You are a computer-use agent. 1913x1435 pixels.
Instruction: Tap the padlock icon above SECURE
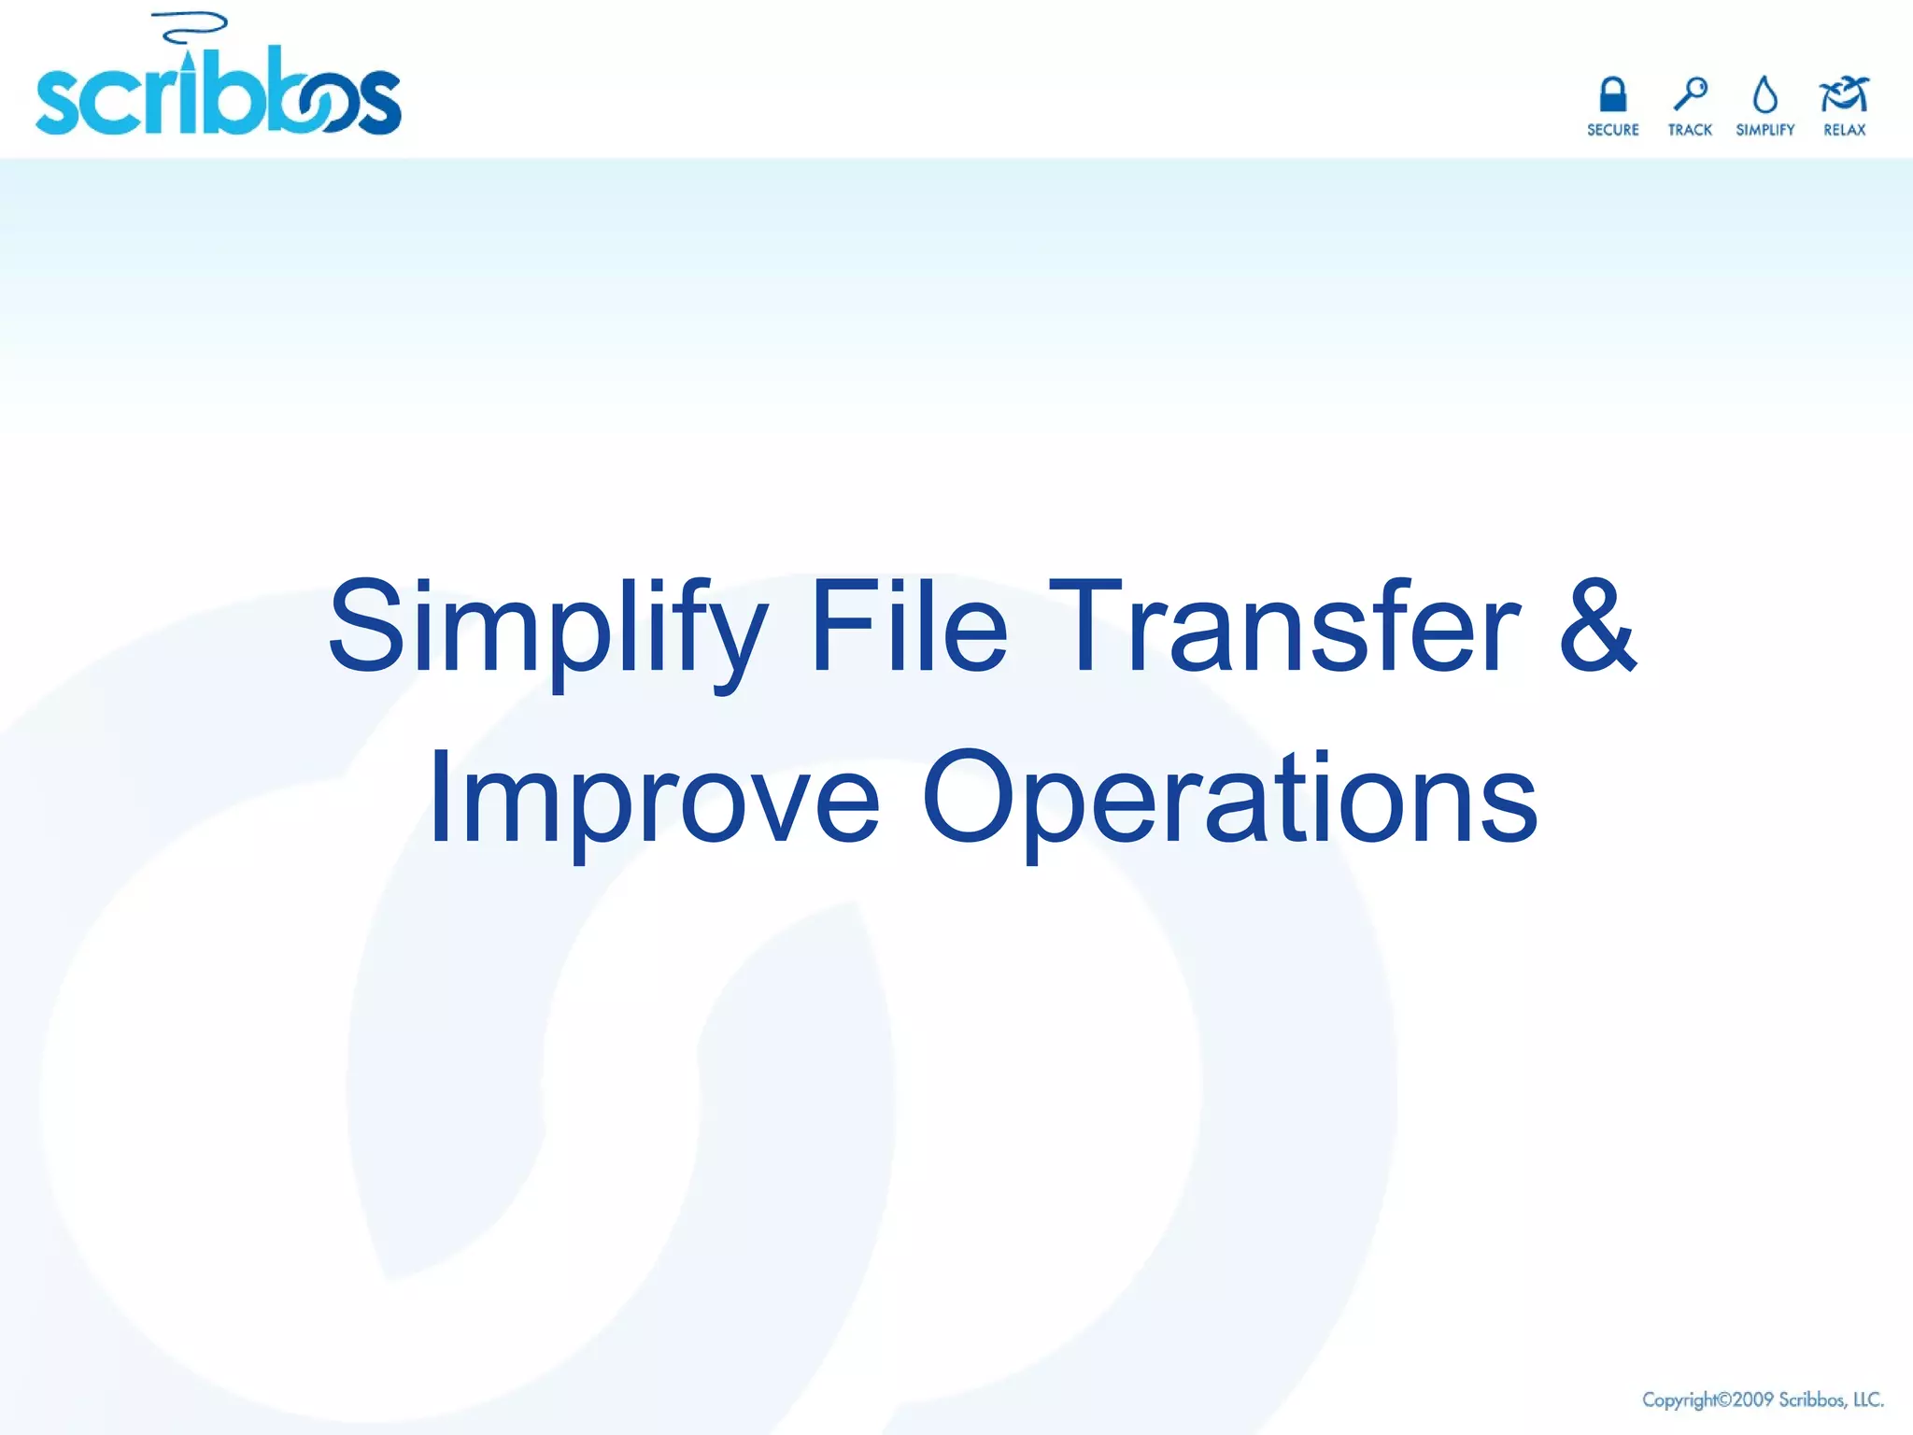pos(1612,94)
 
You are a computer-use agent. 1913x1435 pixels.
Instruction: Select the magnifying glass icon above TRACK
pos(1690,93)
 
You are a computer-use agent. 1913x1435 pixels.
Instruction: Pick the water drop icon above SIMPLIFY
pos(1764,94)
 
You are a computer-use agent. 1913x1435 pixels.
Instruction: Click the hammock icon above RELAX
pos(1844,93)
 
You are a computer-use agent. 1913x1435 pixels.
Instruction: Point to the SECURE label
pos(1612,130)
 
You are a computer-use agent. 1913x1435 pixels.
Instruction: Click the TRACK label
pos(1690,130)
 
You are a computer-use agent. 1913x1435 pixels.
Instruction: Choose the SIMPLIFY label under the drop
pos(1764,130)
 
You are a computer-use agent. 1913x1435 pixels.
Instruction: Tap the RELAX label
pos(1844,130)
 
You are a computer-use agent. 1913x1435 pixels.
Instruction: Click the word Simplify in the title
pos(548,627)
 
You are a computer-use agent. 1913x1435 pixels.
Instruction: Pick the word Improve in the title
pos(654,799)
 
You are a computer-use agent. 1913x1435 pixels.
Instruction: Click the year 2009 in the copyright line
pos(1752,1399)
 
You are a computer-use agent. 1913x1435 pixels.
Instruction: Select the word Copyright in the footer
pos(1679,1399)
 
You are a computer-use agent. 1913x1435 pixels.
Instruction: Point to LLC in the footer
pos(1868,1399)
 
